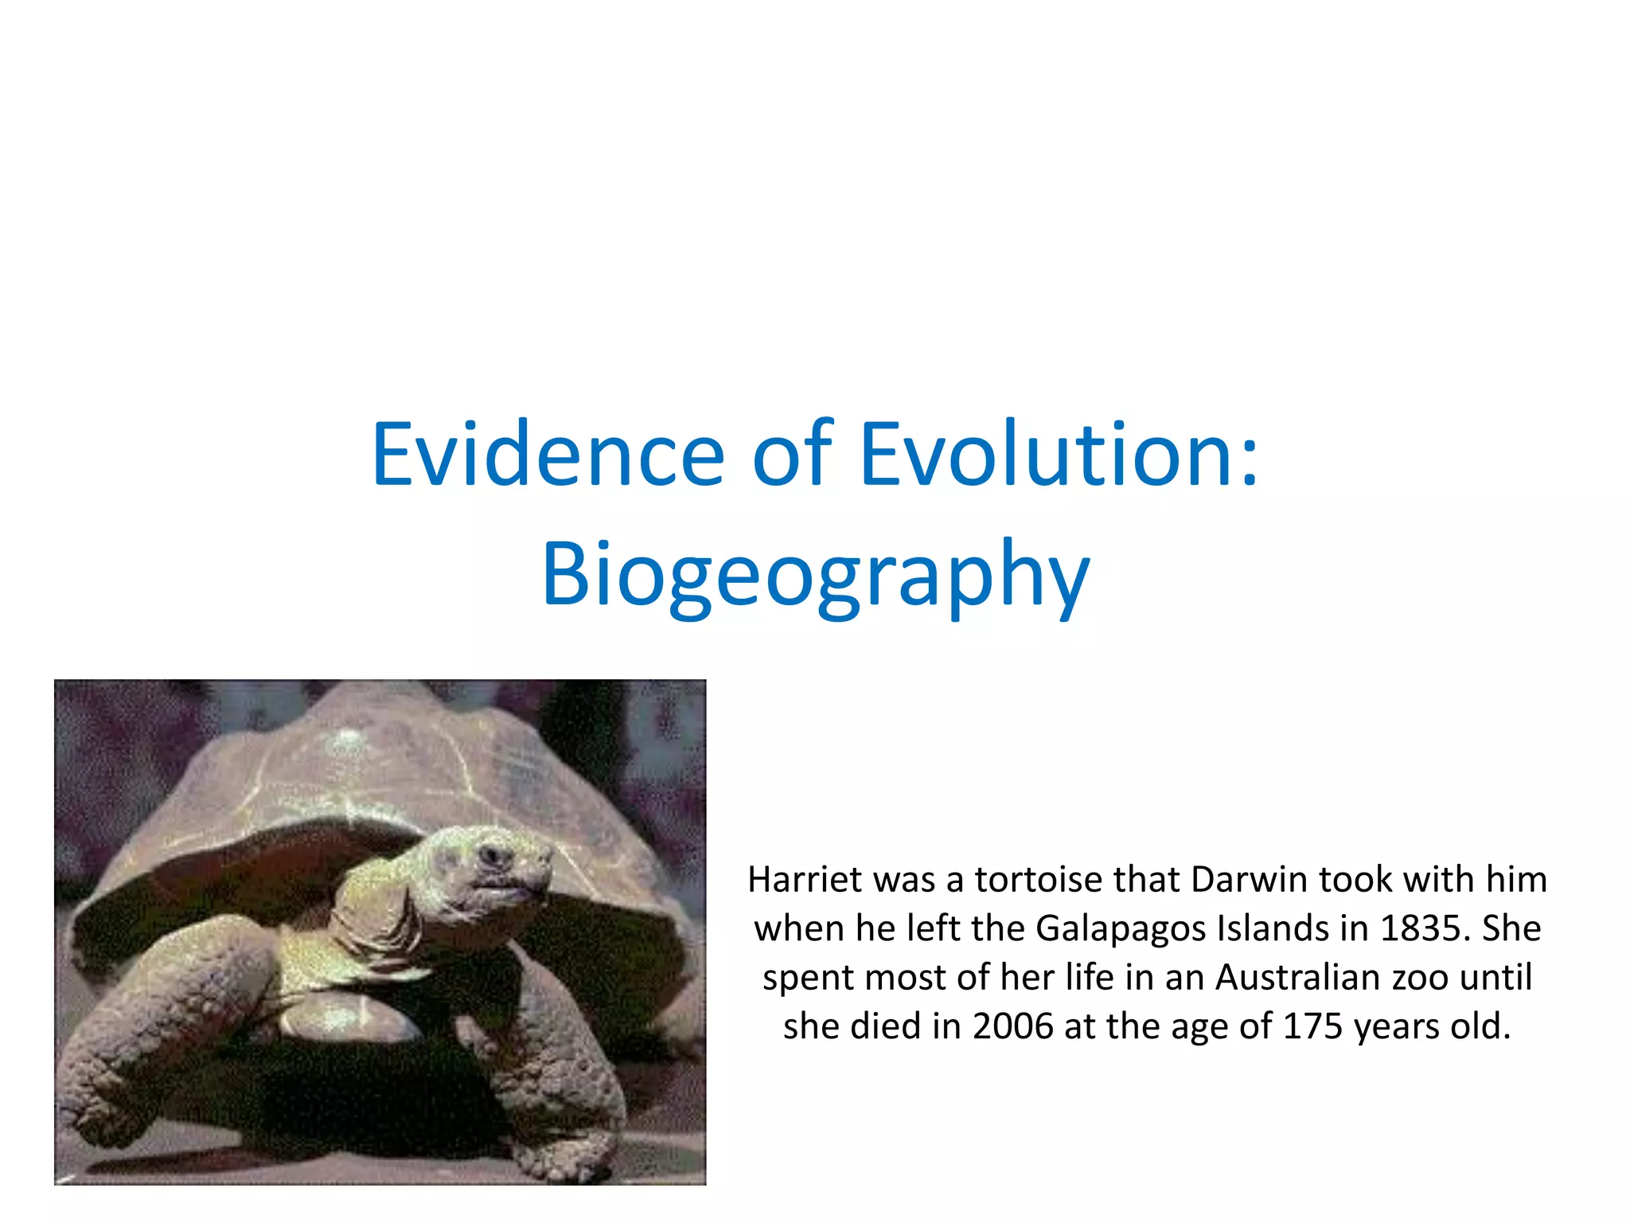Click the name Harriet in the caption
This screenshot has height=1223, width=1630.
805,880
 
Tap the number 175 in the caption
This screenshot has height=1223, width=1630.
1313,1026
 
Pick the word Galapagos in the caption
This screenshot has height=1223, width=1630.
1121,928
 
